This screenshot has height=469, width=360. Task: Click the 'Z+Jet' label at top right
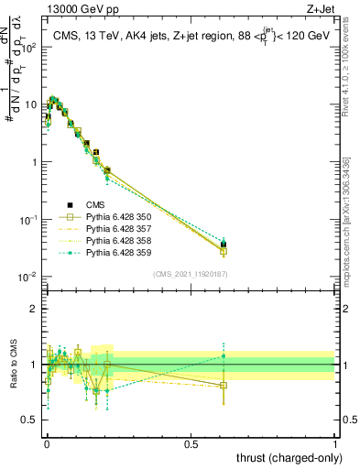tap(333, 8)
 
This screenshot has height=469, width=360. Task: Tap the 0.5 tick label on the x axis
tap(191, 442)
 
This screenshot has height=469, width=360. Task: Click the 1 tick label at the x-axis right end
tap(336, 442)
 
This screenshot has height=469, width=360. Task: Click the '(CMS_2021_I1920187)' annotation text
tap(190, 274)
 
